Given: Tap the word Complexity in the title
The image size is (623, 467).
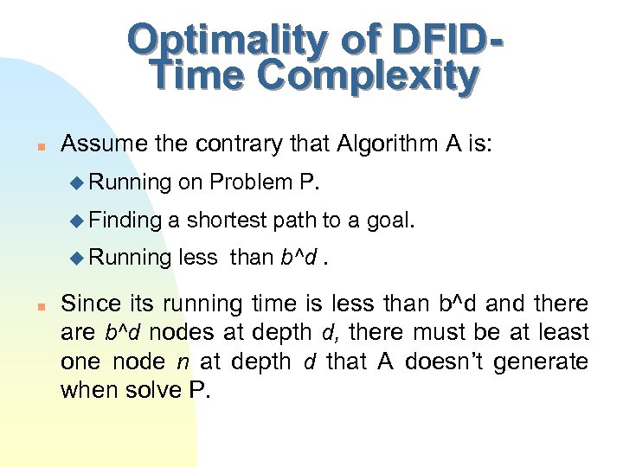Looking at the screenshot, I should pyautogui.click(x=369, y=77).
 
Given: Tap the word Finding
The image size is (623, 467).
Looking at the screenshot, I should pyautogui.click(x=125, y=220).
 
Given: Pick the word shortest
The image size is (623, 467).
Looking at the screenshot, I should pyautogui.click(x=224, y=220).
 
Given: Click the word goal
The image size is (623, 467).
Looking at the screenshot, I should pyautogui.click(x=389, y=220).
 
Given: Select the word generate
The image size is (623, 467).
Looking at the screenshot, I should pyautogui.click(x=547, y=361).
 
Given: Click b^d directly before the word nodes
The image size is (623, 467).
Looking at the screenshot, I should pyautogui.click(x=122, y=332).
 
